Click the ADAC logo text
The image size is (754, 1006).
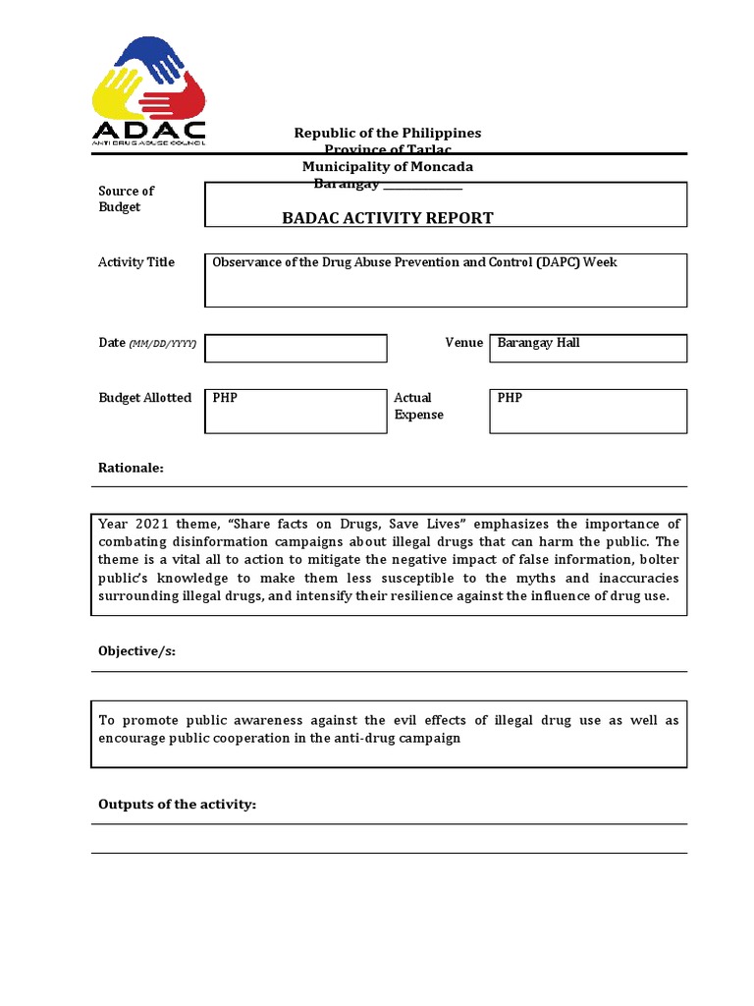coord(149,130)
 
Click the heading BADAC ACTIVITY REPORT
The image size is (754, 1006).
coord(388,218)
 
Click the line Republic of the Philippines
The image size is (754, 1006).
coord(388,133)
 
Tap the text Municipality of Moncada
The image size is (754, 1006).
coord(388,167)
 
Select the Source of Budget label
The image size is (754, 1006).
coord(126,198)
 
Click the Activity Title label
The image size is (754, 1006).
coord(136,262)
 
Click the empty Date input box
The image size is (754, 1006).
coord(296,348)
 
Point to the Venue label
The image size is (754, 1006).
coord(463,343)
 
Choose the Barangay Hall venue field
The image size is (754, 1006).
coord(587,347)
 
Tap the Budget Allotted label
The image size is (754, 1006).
coord(144,398)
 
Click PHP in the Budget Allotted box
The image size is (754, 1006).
coord(225,398)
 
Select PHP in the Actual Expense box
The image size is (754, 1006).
coord(510,398)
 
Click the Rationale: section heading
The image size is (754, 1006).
coord(131,468)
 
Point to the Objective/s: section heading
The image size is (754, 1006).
coord(136,652)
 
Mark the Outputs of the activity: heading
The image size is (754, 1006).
coord(177,805)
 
